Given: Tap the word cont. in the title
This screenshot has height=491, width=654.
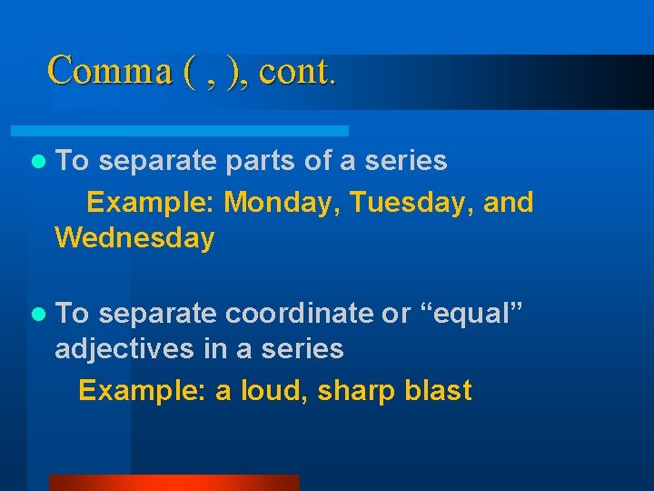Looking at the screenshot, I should click(x=298, y=71).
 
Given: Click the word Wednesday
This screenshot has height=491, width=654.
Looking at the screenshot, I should click(x=134, y=239).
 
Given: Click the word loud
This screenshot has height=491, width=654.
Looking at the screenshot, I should click(x=271, y=390).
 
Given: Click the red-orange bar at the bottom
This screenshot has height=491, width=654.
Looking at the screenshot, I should click(x=173, y=483).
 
